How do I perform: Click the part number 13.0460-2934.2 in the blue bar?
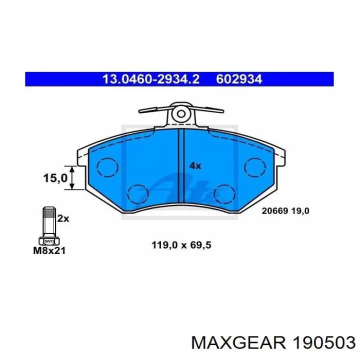[150, 79]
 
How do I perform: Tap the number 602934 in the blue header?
[239, 79]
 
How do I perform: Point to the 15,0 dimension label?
[55, 177]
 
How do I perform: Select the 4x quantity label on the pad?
[194, 165]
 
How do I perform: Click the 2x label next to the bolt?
[62, 218]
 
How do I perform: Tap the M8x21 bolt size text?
[49, 250]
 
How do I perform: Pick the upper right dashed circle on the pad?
[255, 166]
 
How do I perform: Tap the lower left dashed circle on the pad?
[138, 194]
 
